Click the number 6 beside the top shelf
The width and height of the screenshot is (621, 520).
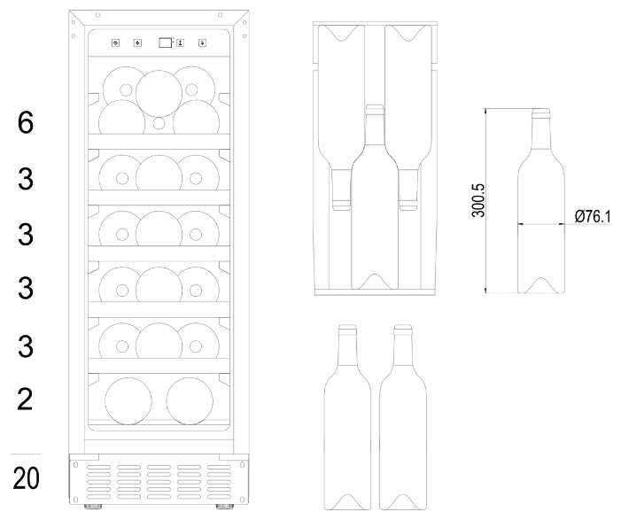point(26,122)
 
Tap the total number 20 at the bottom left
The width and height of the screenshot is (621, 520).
point(27,478)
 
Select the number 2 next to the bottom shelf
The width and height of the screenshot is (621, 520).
point(25,400)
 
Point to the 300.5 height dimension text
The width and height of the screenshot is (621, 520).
point(478,200)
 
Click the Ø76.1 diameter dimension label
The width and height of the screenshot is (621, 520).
point(593,217)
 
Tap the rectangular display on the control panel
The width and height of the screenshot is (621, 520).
point(166,43)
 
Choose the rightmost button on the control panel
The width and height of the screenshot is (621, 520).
point(202,43)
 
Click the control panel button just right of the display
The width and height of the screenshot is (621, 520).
point(180,43)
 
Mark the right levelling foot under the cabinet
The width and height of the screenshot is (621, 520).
point(224,507)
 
